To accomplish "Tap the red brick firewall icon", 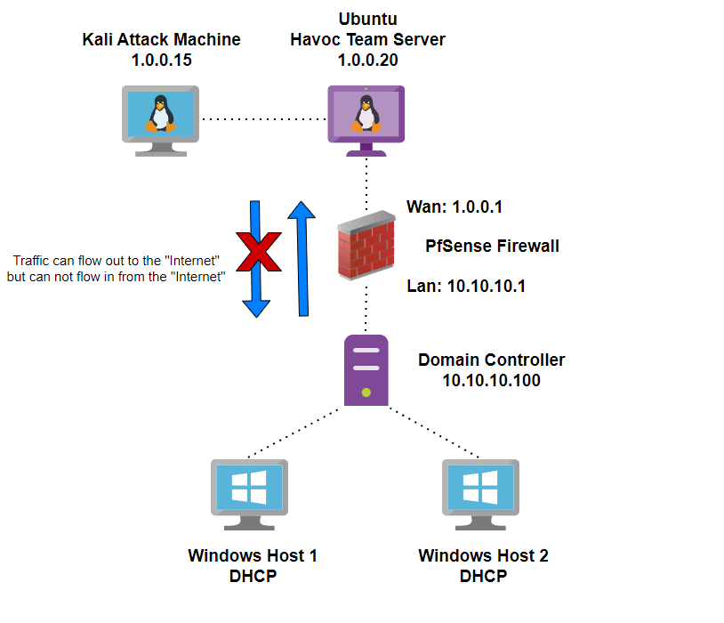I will [x=366, y=247].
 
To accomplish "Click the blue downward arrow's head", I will [x=256, y=306].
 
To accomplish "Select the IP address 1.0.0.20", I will [x=367, y=61].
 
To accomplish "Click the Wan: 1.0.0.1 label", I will [x=454, y=207].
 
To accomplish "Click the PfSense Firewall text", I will [x=492, y=246].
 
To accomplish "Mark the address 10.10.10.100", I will [x=491, y=380].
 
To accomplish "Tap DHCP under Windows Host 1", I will [x=253, y=576].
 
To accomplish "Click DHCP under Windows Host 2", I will [x=483, y=576].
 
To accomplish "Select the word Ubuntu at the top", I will [x=367, y=20].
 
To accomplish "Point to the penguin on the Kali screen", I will [x=160, y=114].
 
